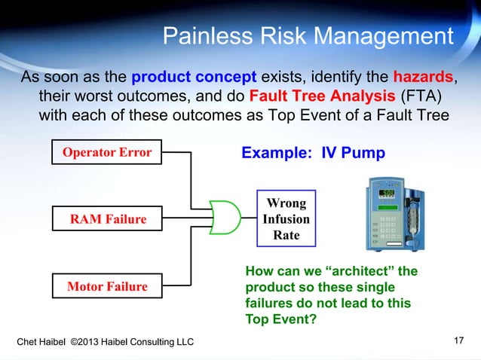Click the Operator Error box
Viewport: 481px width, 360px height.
[106, 154]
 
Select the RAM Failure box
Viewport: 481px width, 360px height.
[108, 219]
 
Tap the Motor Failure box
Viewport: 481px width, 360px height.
[107, 287]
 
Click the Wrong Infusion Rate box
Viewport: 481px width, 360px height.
[286, 219]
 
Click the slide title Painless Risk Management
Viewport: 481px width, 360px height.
[308, 35]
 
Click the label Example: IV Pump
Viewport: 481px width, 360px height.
[312, 154]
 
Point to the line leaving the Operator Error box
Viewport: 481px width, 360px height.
[178, 154]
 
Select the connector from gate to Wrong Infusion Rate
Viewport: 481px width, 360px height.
[249, 218]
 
